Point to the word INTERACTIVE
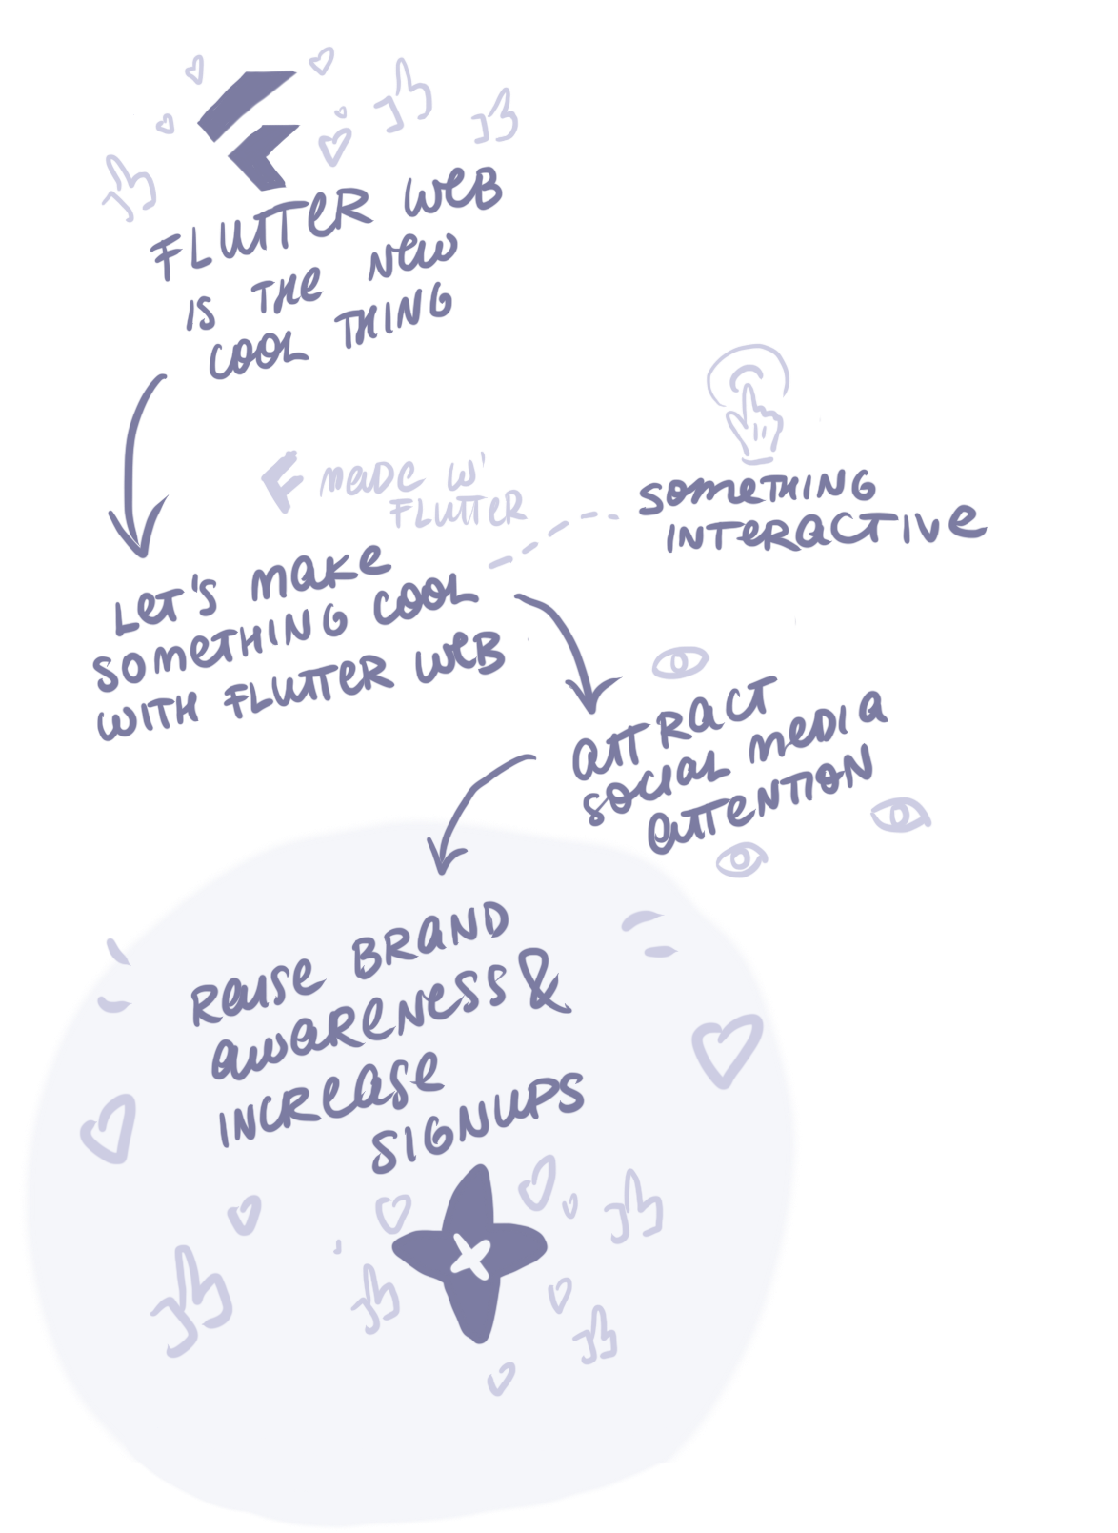coord(824,530)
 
